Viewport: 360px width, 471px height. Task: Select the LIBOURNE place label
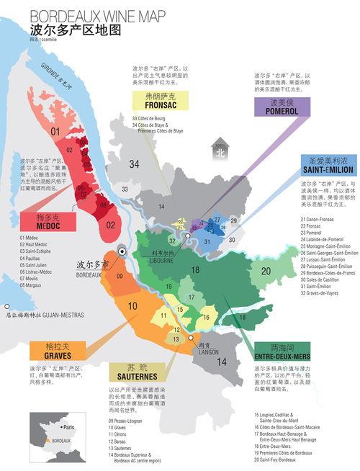[163, 257]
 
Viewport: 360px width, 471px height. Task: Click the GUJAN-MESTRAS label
[43, 315]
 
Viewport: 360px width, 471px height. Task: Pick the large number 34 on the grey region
[133, 164]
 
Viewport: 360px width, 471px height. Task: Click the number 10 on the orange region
[132, 306]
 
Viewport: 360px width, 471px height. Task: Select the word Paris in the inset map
[69, 427]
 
